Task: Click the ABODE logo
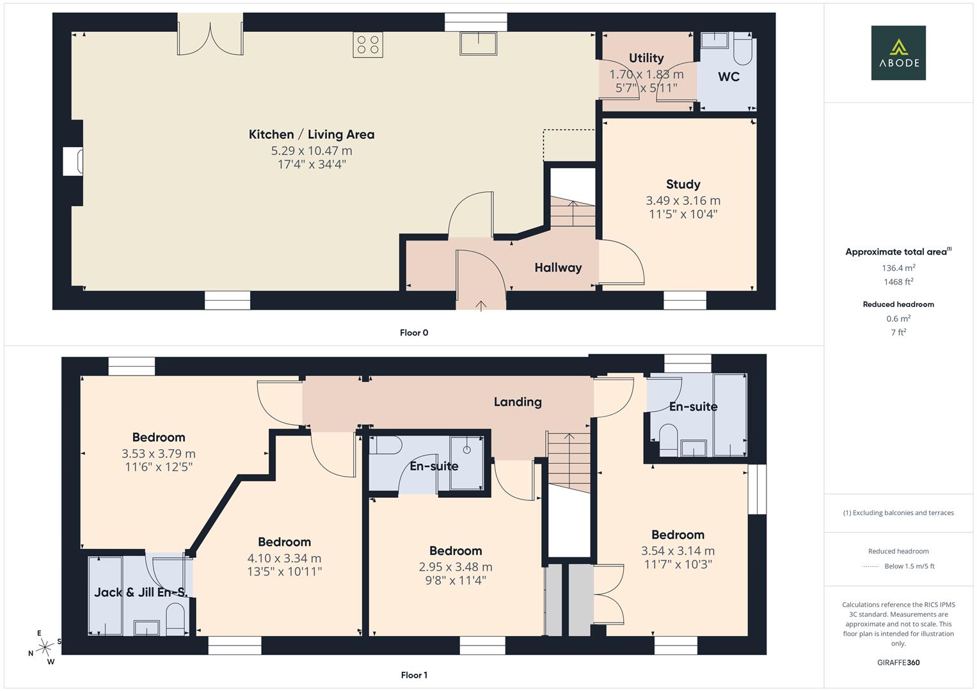[x=898, y=52]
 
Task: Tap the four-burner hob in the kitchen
[x=368, y=45]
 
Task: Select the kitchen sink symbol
[x=478, y=44]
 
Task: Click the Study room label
[x=683, y=184]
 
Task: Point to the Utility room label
[x=646, y=58]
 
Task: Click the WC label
[x=729, y=77]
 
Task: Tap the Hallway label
[x=559, y=267]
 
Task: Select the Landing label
[x=518, y=402]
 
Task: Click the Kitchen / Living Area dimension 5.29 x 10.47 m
[x=312, y=150]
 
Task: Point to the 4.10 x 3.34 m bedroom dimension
[x=284, y=558]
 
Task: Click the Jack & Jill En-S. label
[x=141, y=592]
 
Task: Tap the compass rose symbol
[x=45, y=647]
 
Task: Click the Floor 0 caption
[x=414, y=333]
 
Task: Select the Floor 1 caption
[x=414, y=675]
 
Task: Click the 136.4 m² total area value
[x=898, y=268]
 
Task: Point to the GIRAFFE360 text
[x=898, y=662]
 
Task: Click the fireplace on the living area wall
[x=73, y=162]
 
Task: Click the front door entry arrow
[x=481, y=306]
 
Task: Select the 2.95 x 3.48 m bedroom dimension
[x=456, y=567]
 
